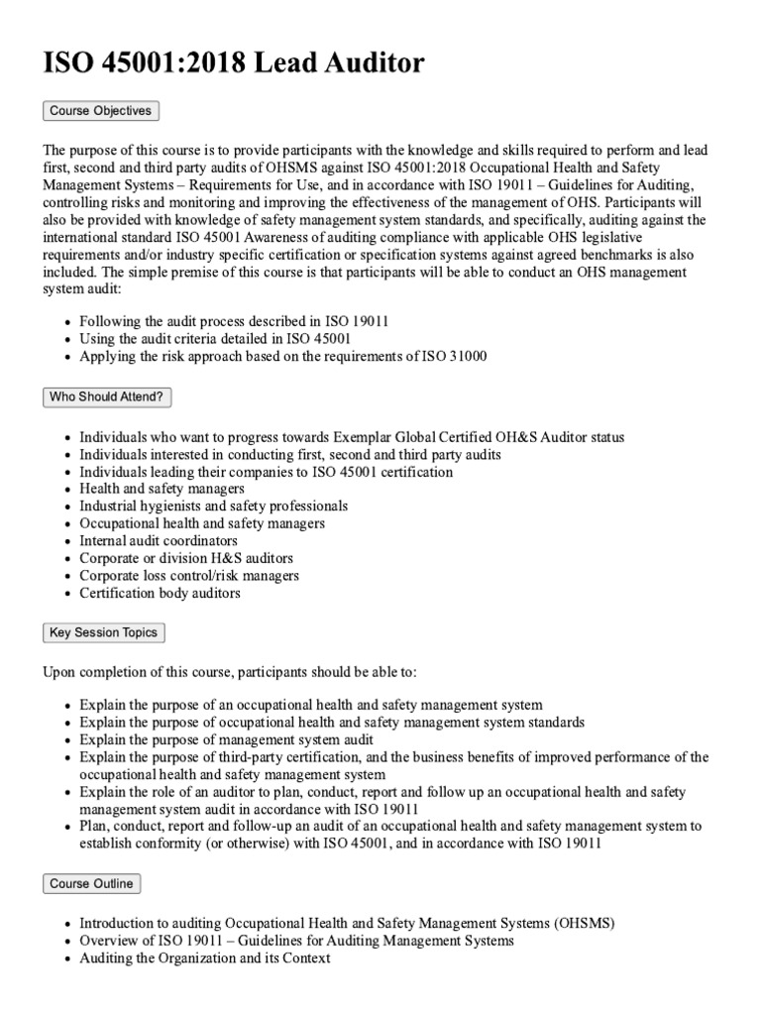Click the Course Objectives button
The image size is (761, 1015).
click(x=100, y=111)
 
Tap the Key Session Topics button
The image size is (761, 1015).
click(x=104, y=632)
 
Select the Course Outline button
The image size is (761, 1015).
click(x=91, y=883)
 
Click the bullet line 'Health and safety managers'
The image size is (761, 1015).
click(x=162, y=489)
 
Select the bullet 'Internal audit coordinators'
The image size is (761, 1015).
click(x=159, y=541)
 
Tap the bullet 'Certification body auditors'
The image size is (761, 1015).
click(x=160, y=594)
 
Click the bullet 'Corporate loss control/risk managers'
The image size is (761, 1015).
click(x=189, y=576)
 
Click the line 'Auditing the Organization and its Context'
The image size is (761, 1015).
click(x=204, y=959)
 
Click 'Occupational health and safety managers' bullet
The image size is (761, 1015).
click(x=202, y=523)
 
